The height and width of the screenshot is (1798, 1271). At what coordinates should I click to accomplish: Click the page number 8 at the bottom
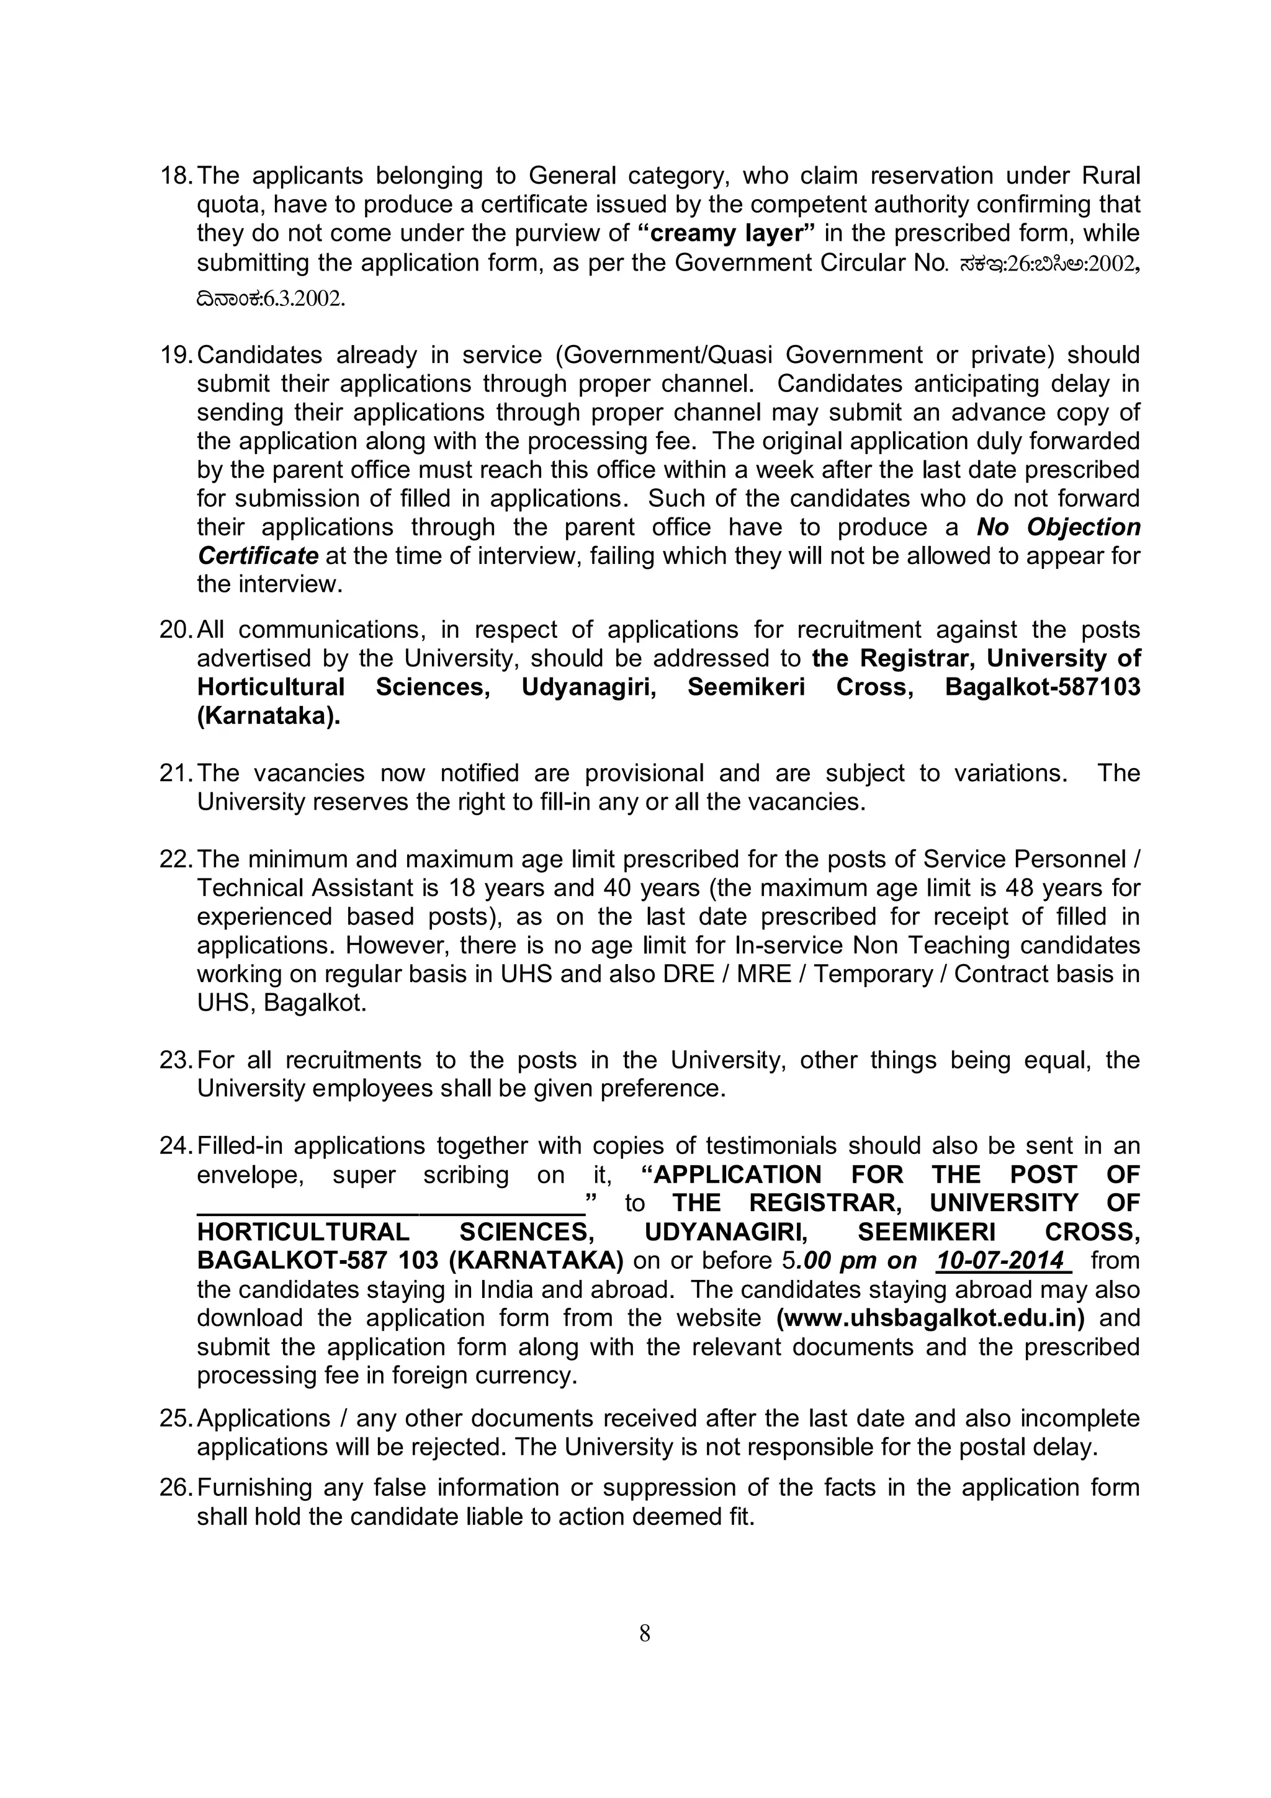(645, 1634)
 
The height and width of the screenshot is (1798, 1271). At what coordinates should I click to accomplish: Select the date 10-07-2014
(1002, 1261)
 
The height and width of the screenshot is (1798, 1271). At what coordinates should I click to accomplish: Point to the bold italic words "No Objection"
(1058, 527)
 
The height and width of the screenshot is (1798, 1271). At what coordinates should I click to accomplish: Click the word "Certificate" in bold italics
(258, 556)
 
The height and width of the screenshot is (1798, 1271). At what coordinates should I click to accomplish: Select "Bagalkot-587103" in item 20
(1043, 687)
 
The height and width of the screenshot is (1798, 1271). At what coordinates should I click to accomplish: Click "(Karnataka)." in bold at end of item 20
(269, 716)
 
